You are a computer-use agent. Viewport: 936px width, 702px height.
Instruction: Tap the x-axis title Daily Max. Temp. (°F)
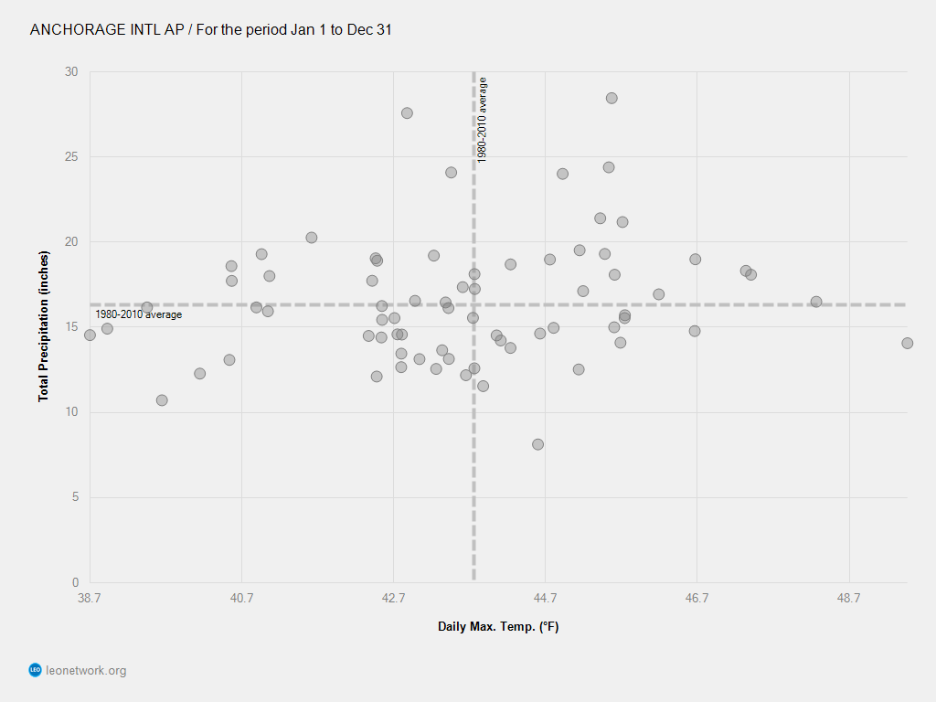[x=498, y=626]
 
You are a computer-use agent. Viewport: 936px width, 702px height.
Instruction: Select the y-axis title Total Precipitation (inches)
[x=43, y=326]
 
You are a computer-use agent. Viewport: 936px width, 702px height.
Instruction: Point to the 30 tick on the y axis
[x=71, y=72]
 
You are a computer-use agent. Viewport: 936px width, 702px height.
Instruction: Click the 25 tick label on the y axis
[x=71, y=157]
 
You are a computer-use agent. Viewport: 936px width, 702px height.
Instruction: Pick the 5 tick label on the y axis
[x=74, y=497]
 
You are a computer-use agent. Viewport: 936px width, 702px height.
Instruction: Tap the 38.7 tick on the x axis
[x=90, y=600]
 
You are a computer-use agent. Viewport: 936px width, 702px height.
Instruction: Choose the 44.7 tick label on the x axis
[x=545, y=600]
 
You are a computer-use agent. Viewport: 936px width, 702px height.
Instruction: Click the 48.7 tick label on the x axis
[x=849, y=600]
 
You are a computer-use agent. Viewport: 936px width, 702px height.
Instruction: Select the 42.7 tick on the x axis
[x=393, y=600]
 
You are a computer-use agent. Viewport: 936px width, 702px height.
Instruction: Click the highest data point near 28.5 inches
[x=612, y=98]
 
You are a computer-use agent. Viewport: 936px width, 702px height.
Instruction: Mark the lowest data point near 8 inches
[x=537, y=444]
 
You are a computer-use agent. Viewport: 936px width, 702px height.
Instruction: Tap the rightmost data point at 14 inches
[x=907, y=343]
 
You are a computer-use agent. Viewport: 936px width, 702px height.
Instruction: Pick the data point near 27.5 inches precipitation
[x=407, y=112]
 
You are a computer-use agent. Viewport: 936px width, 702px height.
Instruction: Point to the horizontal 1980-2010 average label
[x=139, y=314]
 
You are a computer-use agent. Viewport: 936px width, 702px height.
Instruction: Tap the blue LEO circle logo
[x=36, y=671]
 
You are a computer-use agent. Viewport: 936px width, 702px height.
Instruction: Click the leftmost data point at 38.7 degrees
[x=90, y=335]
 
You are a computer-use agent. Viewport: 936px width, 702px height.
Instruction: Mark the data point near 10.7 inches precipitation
[x=162, y=399]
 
